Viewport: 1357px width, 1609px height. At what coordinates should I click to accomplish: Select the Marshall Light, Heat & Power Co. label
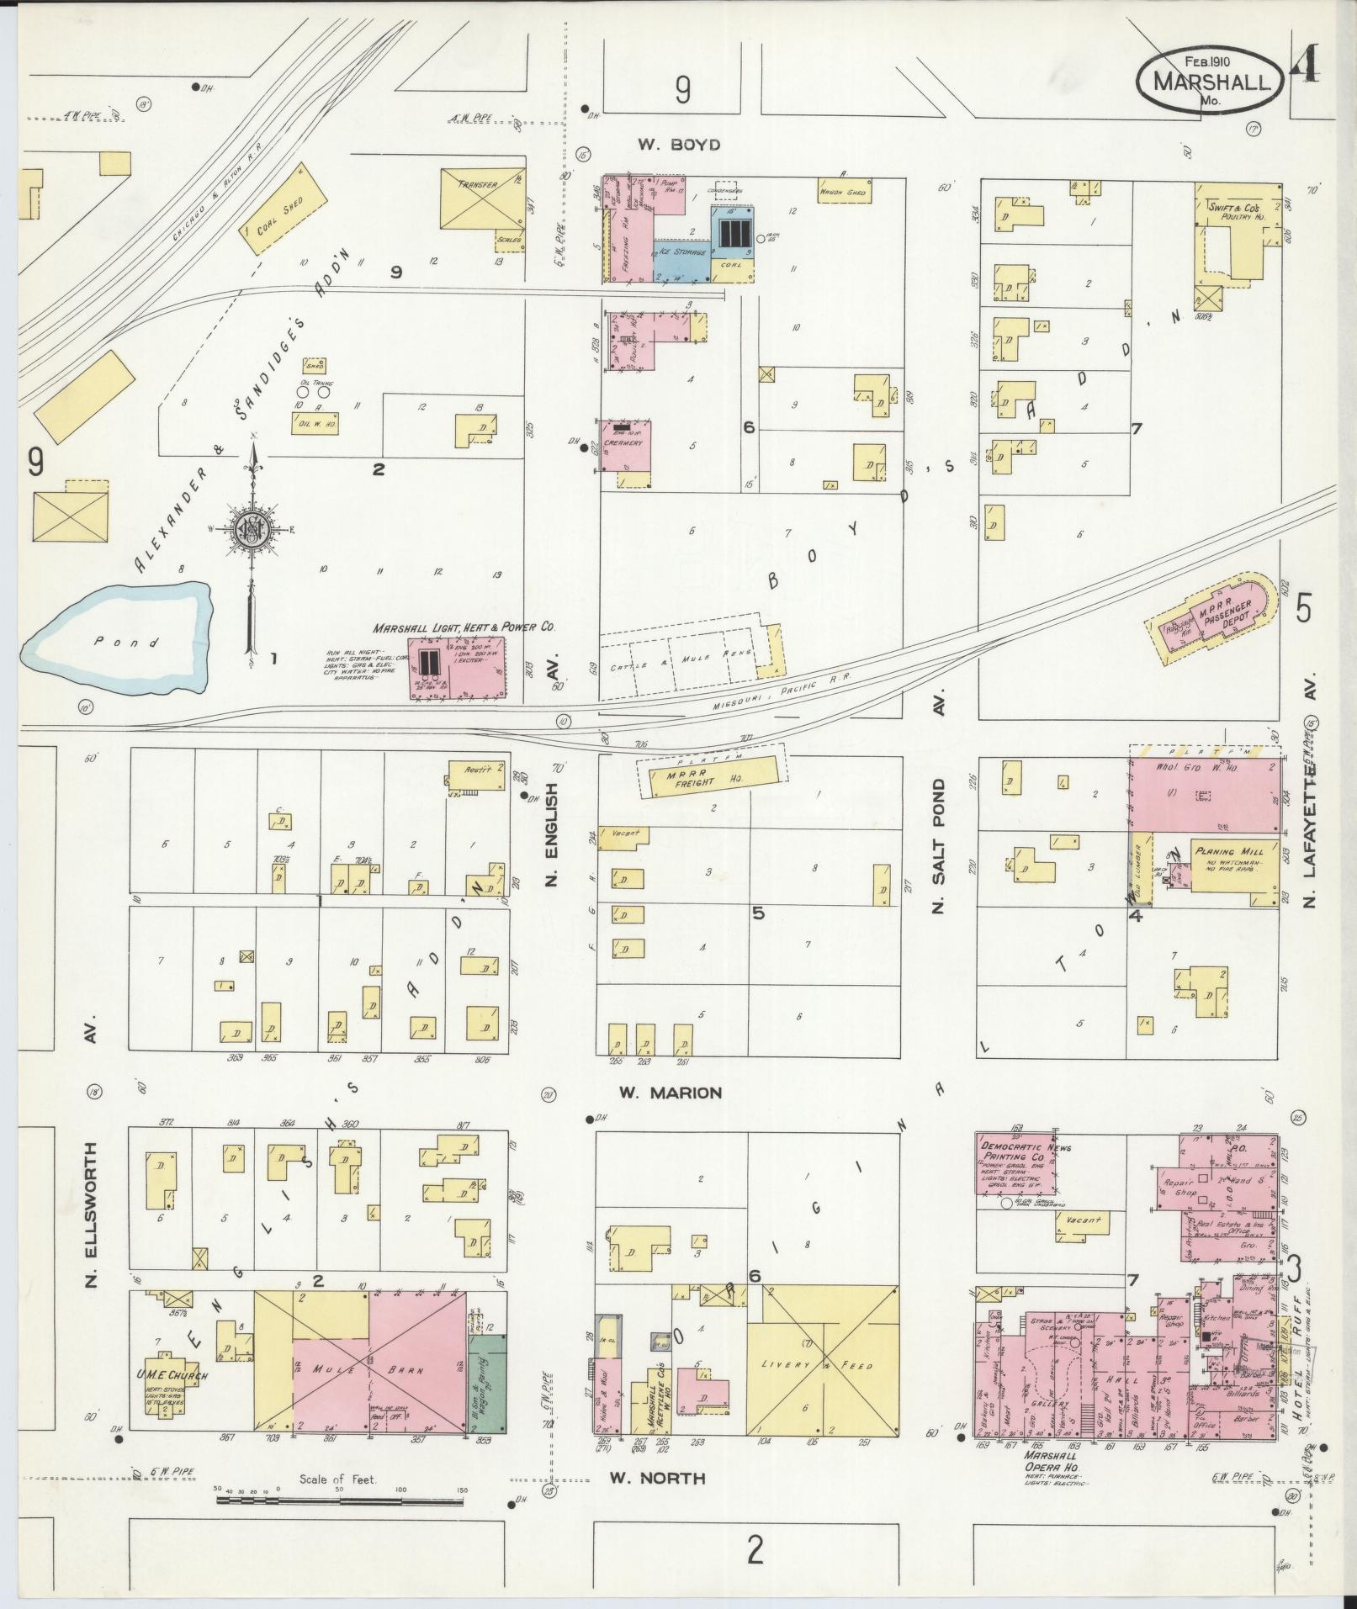point(466,627)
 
